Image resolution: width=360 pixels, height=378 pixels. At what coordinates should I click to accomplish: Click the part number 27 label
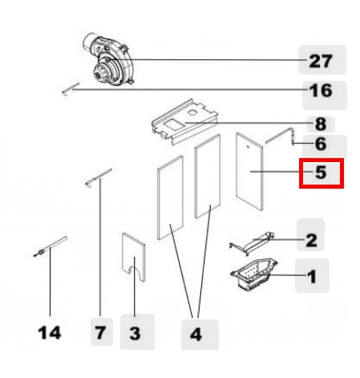(x=321, y=61)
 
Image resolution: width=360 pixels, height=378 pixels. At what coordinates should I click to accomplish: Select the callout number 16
(x=321, y=91)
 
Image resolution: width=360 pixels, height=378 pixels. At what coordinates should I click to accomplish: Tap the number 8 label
(x=321, y=124)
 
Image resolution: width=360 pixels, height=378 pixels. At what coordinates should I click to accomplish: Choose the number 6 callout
(x=321, y=144)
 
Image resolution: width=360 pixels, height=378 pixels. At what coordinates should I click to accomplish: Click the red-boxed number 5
(x=321, y=173)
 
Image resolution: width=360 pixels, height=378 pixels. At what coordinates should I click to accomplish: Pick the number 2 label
(x=311, y=240)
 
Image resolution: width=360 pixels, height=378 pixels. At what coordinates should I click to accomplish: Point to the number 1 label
(x=312, y=276)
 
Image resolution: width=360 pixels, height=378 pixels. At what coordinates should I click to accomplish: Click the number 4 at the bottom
(x=196, y=335)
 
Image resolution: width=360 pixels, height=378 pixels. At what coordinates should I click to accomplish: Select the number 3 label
(x=135, y=333)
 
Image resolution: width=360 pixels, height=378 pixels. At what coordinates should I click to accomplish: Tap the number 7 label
(x=100, y=333)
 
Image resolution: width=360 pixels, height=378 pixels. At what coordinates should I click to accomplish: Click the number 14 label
(x=50, y=333)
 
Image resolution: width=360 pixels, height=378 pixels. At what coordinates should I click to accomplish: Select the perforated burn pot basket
(x=254, y=274)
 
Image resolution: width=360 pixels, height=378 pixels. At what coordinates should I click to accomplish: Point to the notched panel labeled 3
(x=134, y=257)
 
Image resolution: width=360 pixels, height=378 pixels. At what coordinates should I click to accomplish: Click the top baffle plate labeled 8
(x=184, y=122)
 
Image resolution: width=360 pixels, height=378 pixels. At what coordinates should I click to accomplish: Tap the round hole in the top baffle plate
(x=192, y=112)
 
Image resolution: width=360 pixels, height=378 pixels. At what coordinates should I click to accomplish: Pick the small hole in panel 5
(x=248, y=146)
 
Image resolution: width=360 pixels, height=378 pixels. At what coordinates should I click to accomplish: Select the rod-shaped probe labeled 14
(x=50, y=246)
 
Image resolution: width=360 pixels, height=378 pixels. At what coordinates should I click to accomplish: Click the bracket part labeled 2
(x=252, y=243)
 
